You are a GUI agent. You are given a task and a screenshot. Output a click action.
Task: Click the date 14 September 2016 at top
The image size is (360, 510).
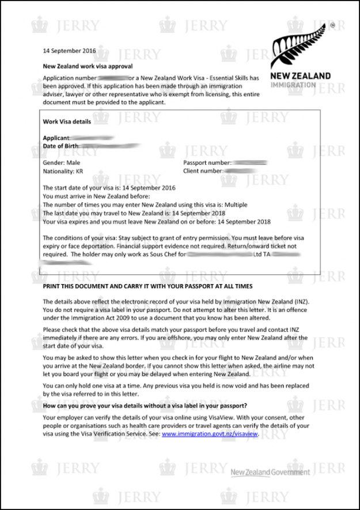click(x=68, y=50)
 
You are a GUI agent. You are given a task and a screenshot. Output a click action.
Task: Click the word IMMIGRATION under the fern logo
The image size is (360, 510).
click(x=293, y=85)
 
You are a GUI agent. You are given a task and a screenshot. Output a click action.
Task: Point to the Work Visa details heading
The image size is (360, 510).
click(x=67, y=122)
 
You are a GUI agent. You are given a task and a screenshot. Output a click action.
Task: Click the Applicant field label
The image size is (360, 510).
click(x=56, y=138)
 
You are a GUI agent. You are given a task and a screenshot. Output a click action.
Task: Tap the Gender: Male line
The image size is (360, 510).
click(x=62, y=163)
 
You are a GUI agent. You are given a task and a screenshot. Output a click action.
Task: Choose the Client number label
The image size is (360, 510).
click(x=203, y=171)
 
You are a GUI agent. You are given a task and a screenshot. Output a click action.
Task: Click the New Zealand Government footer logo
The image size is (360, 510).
click(x=270, y=473)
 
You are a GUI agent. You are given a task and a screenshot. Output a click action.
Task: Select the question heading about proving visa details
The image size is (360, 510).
click(x=145, y=405)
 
